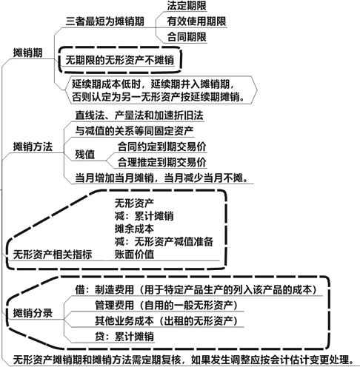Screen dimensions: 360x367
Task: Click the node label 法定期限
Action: (187, 6)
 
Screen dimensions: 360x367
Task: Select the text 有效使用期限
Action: (196, 21)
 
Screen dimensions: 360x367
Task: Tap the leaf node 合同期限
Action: (187, 37)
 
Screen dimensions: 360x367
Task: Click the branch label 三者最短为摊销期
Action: (105, 21)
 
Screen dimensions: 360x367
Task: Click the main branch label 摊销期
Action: (27, 53)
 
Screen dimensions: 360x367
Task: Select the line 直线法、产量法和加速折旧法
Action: (139, 115)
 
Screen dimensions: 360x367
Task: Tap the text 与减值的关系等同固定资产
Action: (134, 131)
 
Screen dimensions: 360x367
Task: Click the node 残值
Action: (85, 155)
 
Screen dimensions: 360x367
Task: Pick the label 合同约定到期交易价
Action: (161, 147)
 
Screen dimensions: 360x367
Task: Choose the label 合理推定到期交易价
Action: (161, 162)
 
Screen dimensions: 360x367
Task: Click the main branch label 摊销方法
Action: (33, 147)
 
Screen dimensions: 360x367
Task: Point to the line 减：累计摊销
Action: (144, 216)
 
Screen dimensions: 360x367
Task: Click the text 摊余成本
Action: (134, 229)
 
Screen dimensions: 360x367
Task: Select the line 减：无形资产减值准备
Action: (164, 242)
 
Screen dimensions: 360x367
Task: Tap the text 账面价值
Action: (134, 255)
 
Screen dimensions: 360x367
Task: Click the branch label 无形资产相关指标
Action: (53, 255)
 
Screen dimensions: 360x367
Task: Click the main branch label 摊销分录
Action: (33, 313)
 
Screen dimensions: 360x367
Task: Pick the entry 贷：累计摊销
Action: (124, 337)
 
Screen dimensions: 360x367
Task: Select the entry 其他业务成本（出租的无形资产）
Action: (167, 321)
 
